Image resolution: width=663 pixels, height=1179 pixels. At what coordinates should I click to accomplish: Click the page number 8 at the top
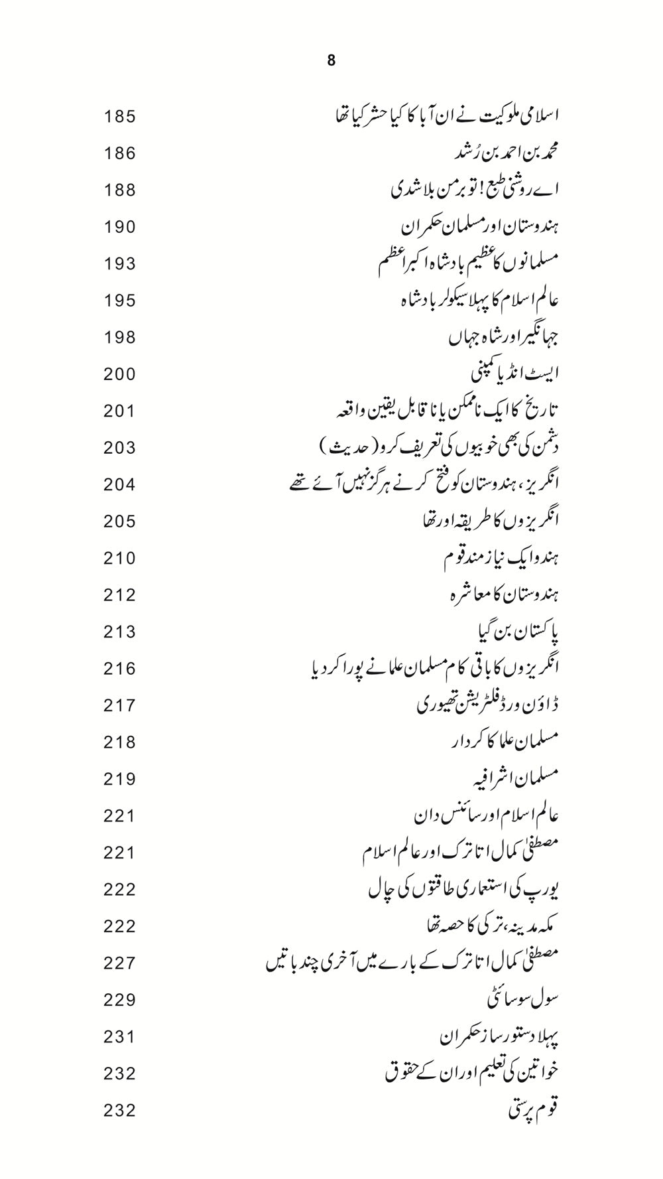[x=331, y=61]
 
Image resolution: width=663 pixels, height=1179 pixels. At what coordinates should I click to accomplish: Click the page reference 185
[x=119, y=117]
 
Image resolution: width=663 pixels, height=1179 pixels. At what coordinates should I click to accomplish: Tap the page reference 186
[x=119, y=154]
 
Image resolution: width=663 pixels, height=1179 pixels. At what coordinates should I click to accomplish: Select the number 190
[x=119, y=228]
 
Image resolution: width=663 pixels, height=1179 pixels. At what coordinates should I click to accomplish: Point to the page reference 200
[x=119, y=375]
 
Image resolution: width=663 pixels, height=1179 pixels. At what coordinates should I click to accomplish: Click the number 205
[x=119, y=522]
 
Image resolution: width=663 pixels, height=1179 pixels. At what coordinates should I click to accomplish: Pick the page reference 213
[x=119, y=632]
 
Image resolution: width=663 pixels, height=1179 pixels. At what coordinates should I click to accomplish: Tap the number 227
[x=119, y=963]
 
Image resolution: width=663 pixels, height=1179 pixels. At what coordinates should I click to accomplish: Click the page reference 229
[x=119, y=1000]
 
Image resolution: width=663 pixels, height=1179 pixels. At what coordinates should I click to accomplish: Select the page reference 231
[x=119, y=1037]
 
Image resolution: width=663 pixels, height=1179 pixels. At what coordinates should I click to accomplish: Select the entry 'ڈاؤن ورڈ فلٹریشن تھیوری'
[x=488, y=705]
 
